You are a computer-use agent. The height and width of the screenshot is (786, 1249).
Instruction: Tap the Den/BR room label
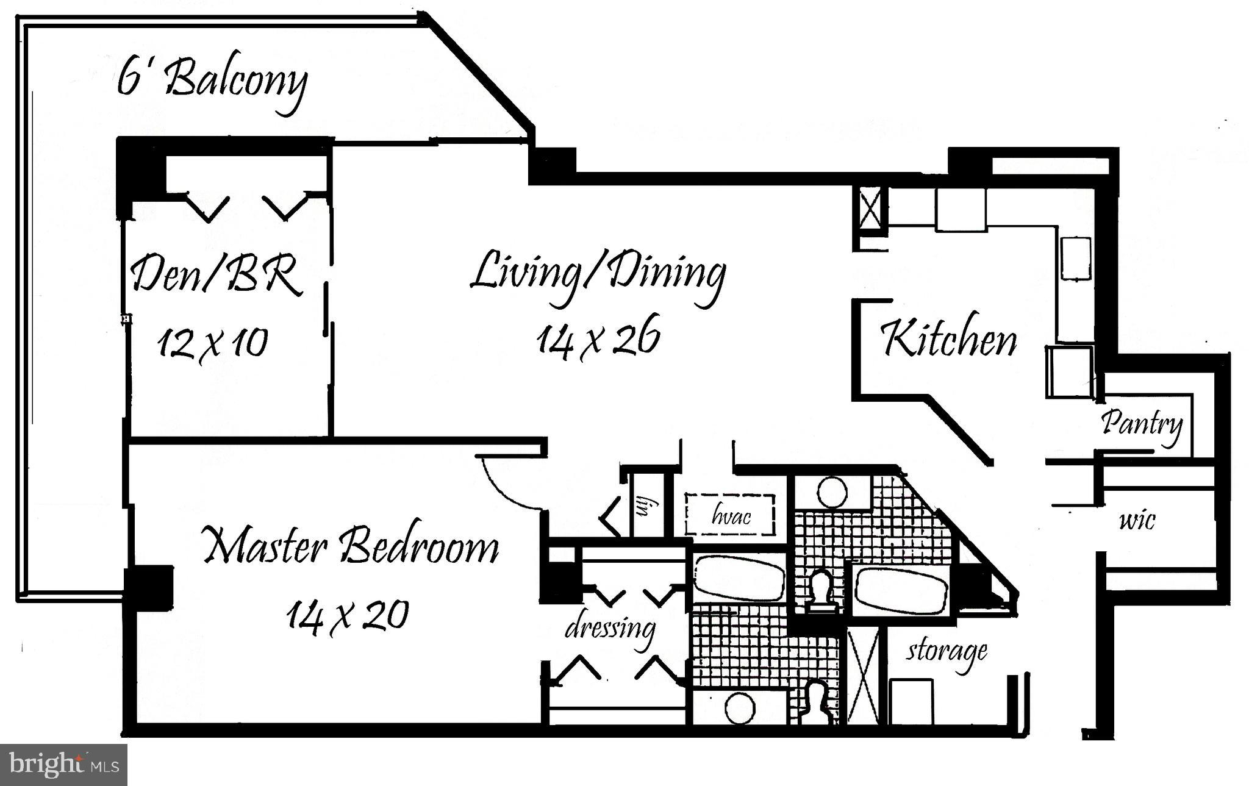tap(217, 276)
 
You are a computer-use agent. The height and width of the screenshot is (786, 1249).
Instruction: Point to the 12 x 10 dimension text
tap(212, 343)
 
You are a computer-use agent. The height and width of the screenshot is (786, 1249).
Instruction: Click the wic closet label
tap(1137, 520)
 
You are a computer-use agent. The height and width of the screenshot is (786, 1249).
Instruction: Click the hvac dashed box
tap(730, 515)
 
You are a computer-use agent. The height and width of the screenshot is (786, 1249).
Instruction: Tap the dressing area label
tap(610, 628)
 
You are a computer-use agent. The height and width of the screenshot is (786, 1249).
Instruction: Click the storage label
tap(946, 651)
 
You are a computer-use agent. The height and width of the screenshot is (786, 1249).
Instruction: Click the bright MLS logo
tap(63, 764)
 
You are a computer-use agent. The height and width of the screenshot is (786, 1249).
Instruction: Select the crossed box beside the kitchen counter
tap(870, 209)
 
